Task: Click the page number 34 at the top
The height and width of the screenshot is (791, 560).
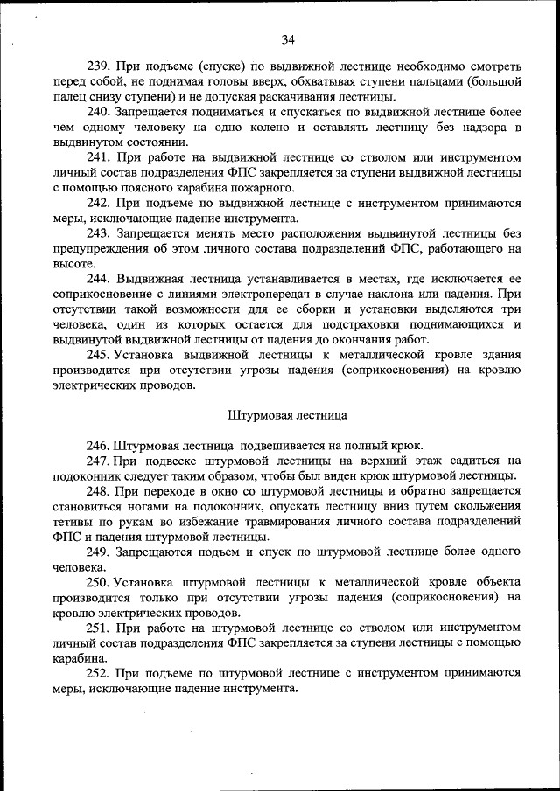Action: [x=288, y=38]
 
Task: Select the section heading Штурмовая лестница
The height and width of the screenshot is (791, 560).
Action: [x=288, y=415]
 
